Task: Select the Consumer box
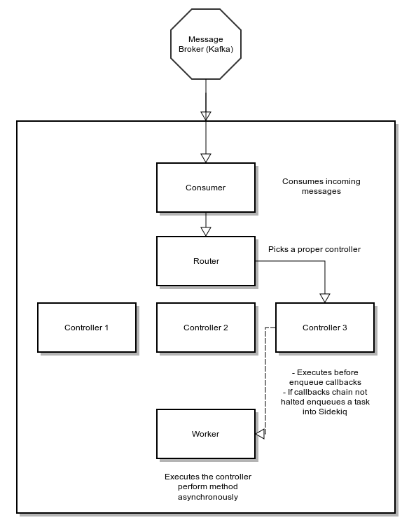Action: [205, 188]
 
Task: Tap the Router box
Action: [205, 261]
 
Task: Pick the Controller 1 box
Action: [86, 328]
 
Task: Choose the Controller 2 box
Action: [205, 328]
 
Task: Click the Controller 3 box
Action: [324, 328]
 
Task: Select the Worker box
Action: [205, 434]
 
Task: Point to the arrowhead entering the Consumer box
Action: [205, 157]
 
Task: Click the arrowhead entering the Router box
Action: [205, 231]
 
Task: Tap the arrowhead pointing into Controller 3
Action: [324, 297]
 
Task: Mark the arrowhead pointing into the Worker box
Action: [260, 434]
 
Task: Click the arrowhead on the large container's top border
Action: [205, 115]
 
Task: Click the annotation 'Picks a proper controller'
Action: [314, 249]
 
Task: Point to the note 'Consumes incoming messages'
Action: [321, 186]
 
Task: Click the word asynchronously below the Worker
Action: [208, 498]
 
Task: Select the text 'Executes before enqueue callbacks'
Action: [325, 378]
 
